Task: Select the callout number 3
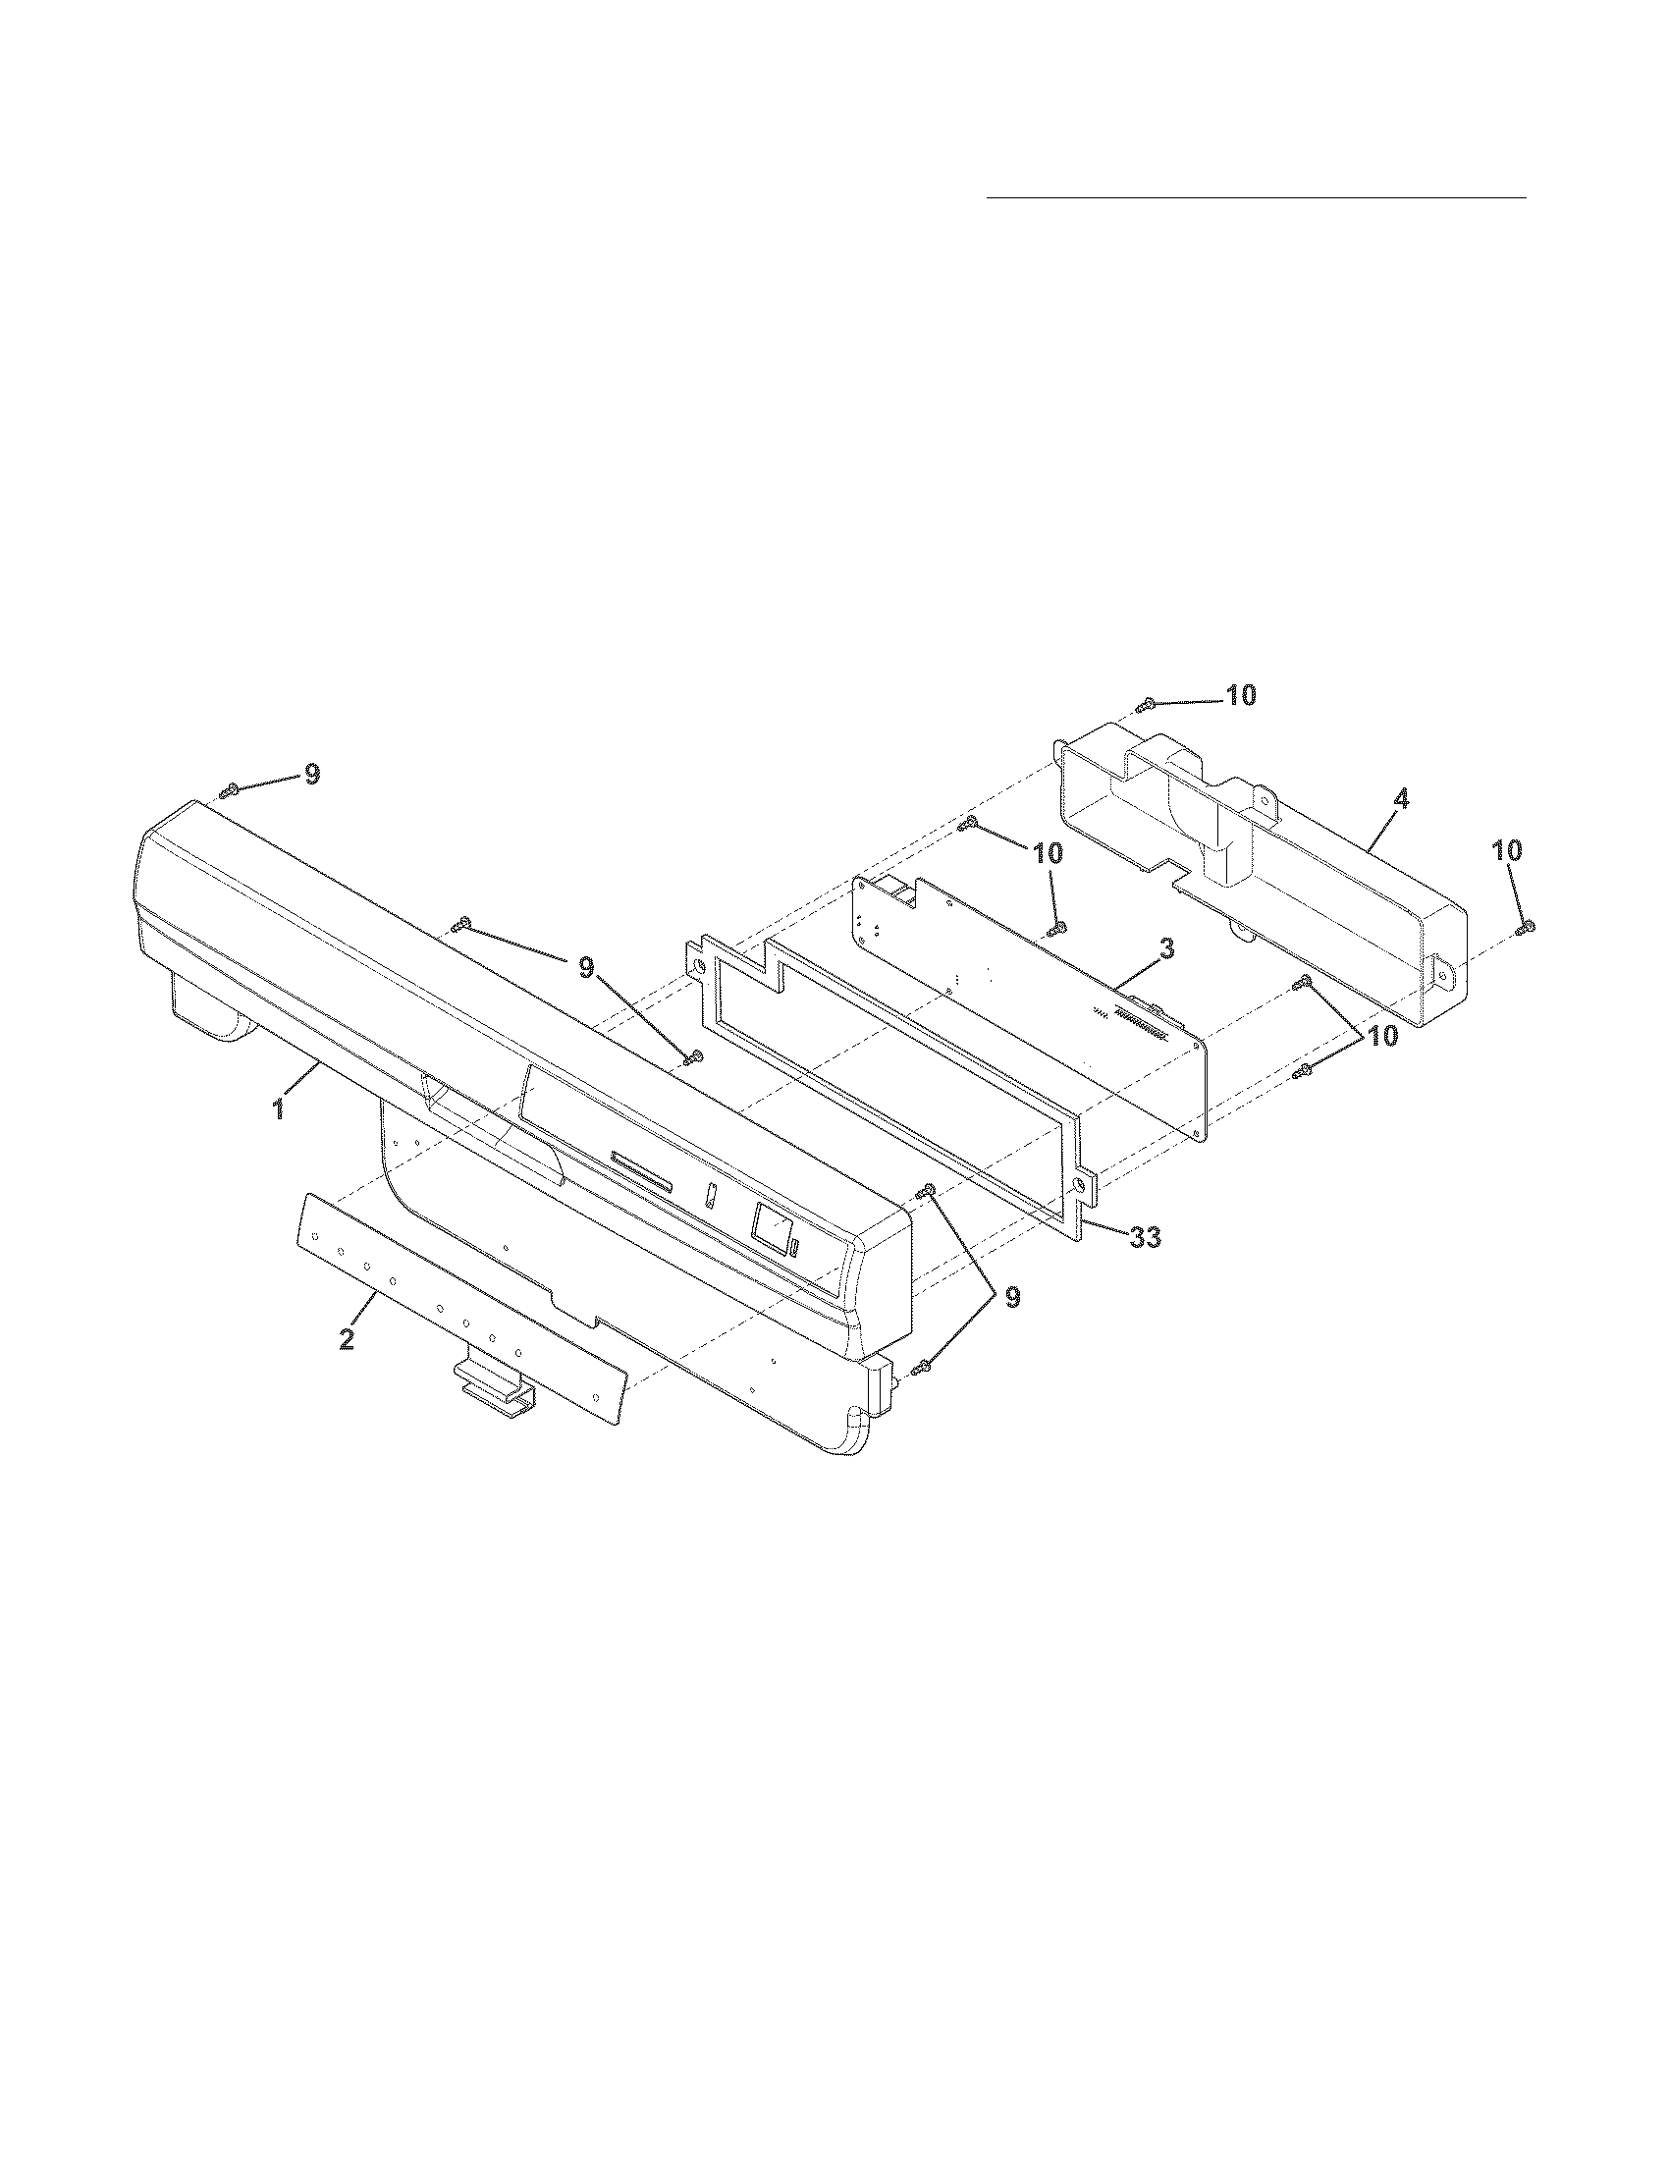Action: tap(1166, 950)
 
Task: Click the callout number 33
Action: tap(1144, 1236)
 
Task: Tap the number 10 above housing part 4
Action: tap(1241, 695)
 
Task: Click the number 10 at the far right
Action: tap(1508, 850)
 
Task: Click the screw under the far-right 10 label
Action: tap(1527, 926)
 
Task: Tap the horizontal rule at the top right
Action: tap(1257, 198)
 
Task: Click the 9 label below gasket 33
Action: tap(1012, 1298)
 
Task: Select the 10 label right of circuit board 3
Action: tap(1382, 1036)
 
